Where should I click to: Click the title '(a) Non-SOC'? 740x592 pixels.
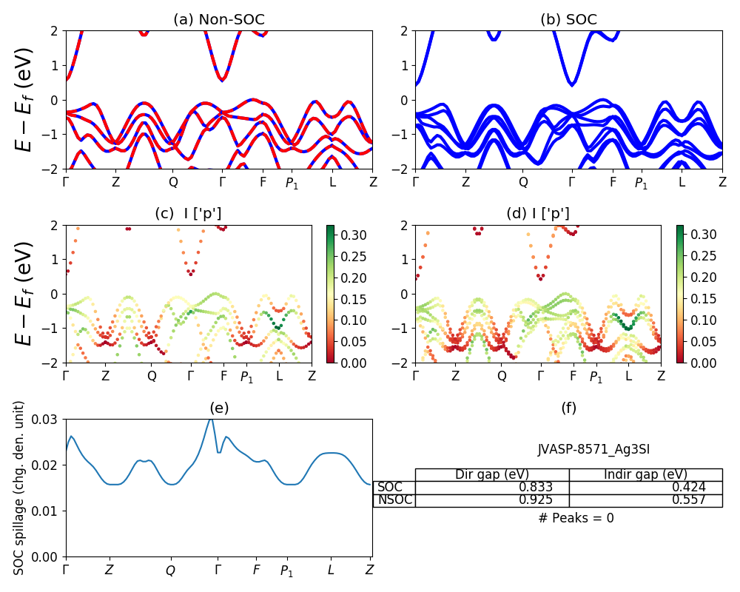point(218,20)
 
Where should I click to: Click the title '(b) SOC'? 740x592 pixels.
point(568,20)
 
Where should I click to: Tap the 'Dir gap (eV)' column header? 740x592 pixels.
point(491,474)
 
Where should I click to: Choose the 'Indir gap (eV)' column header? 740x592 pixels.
point(645,474)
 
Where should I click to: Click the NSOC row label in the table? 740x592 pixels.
point(394,500)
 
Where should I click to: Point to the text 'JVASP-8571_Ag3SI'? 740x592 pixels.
point(593,448)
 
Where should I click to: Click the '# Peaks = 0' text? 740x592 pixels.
point(576,518)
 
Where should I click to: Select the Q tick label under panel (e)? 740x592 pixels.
point(171,571)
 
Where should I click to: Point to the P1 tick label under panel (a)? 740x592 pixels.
point(292,183)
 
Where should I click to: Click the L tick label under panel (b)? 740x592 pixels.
point(682,181)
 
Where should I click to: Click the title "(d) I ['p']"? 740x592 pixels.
point(538,214)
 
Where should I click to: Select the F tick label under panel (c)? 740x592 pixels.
point(223,376)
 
